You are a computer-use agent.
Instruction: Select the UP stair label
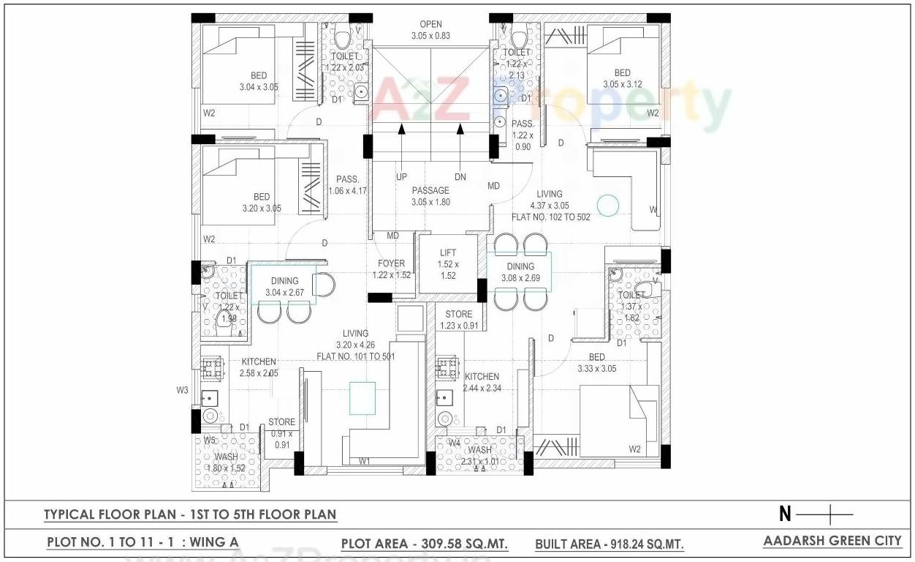tap(401, 177)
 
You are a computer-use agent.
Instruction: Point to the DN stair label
tap(460, 177)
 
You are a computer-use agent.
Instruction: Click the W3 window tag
tap(183, 391)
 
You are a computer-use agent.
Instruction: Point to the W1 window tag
tap(364, 461)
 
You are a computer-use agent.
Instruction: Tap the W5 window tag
tap(210, 441)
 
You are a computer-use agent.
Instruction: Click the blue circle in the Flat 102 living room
tap(607, 206)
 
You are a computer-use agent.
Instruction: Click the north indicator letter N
tap(785, 514)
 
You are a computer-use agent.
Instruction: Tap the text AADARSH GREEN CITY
tap(832, 542)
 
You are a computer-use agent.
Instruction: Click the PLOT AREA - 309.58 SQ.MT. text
tap(425, 544)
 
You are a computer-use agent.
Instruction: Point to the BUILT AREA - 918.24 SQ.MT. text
tap(610, 544)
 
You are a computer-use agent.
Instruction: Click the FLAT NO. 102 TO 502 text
tap(550, 217)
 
